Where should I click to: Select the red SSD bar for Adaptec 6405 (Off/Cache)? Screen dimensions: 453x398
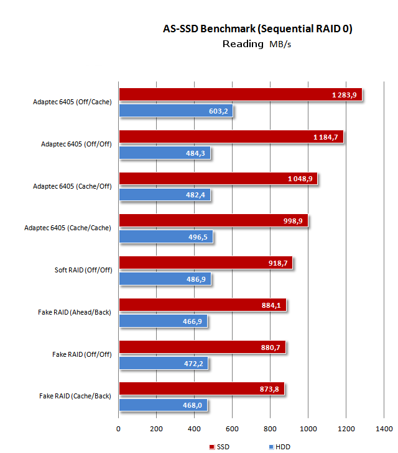[239, 94]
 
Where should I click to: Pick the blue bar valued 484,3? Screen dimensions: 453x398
[164, 153]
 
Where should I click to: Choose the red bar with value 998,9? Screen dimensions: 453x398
[213, 221]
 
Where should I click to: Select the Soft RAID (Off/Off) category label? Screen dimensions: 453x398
[83, 270]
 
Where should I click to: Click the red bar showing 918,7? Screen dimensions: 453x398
[205, 262]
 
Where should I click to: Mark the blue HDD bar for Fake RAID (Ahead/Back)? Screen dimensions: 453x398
[162, 321]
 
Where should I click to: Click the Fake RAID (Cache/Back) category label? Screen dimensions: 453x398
[75, 396]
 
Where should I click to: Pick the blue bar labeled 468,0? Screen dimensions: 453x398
[162, 405]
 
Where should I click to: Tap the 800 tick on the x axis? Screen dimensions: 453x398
[271, 429]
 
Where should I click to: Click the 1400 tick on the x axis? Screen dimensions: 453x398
[384, 429]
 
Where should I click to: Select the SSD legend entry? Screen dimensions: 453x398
[220, 447]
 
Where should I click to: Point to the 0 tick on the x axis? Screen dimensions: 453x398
[119, 429]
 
